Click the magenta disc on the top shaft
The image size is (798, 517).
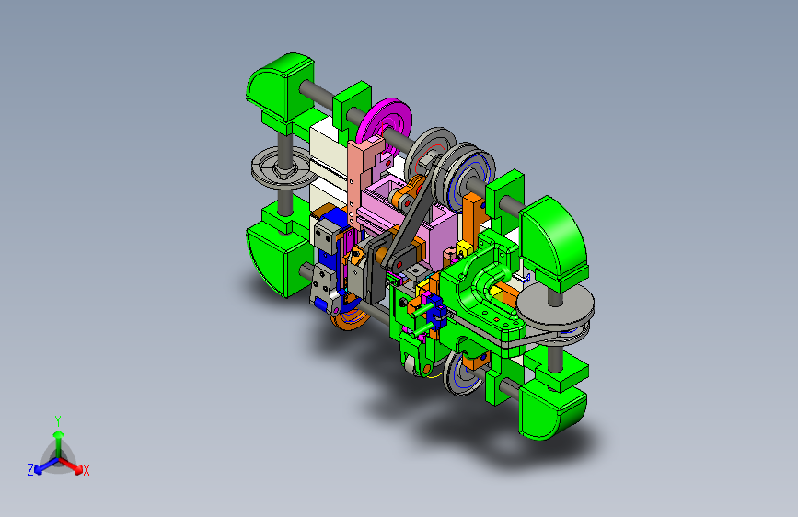384,123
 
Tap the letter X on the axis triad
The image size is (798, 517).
86,470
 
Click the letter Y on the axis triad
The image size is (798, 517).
58,421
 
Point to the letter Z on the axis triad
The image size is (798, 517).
30,470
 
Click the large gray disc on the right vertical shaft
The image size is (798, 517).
555,304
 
